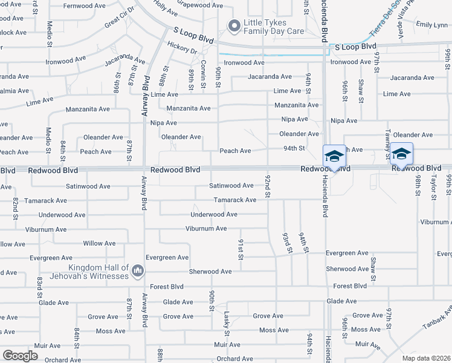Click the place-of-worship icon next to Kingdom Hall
coord(137,269)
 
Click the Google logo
coord(20,356)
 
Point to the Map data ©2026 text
coord(427,358)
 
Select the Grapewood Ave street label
coord(200,5)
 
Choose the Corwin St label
coord(204,71)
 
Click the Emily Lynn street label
coord(432,25)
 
